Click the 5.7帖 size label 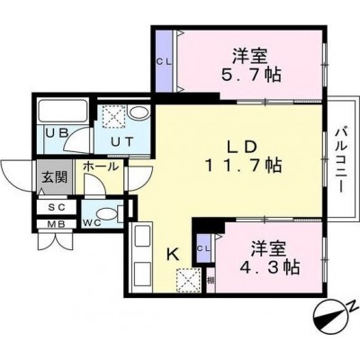point(251,75)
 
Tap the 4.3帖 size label point(269,266)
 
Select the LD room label point(241,148)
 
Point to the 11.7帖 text point(243,166)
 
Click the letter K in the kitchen point(173,255)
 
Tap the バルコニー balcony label point(341,159)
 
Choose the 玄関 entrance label point(54,178)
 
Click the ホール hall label point(101,166)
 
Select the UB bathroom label point(58,132)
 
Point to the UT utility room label point(122,141)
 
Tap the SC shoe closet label point(57,207)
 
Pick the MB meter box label point(57,224)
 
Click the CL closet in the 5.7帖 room point(165,62)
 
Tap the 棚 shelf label point(211,281)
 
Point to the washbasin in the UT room point(139,113)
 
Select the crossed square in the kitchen point(188,280)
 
